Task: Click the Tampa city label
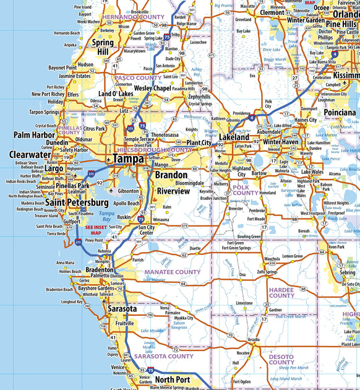pyautogui.click(x=129, y=158)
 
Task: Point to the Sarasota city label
pyautogui.click(x=122, y=308)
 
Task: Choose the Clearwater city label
pyautogui.click(x=30, y=155)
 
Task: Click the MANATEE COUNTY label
pyautogui.click(x=173, y=272)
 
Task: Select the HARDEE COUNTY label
pyautogui.click(x=281, y=292)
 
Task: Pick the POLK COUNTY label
pyautogui.click(x=246, y=189)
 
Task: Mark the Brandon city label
pyautogui.click(x=171, y=175)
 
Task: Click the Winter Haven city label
pyautogui.click(x=281, y=142)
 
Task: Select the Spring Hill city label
pyautogui.click(x=103, y=48)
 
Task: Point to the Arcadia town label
pyautogui.click(x=254, y=340)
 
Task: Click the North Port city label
pyautogui.click(x=173, y=379)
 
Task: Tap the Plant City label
pyautogui.click(x=199, y=143)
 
